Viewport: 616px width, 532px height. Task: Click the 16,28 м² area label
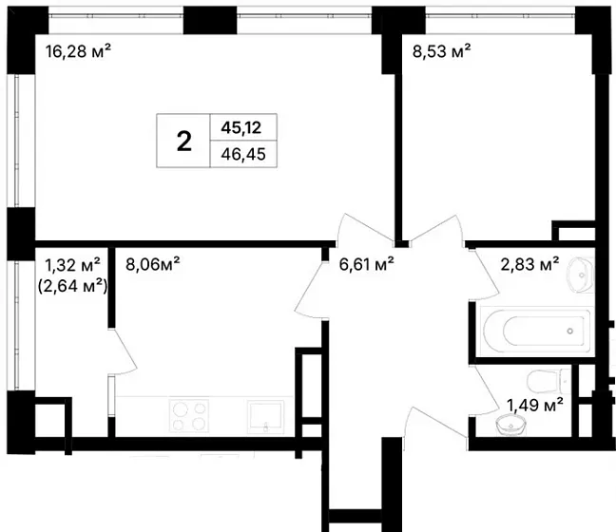coord(78,51)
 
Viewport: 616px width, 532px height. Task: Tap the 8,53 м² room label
coord(442,51)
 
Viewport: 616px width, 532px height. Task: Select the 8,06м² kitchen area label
coord(153,264)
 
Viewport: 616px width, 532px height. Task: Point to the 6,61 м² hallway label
coord(367,264)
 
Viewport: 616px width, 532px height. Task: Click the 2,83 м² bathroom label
coord(529,264)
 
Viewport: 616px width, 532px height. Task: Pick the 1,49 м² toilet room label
coord(535,405)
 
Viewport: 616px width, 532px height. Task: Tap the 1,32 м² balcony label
coord(72,265)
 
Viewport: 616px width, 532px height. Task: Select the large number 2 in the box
coord(183,142)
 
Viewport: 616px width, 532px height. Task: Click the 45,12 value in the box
coord(241,127)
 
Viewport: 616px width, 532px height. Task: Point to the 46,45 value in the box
coord(243,154)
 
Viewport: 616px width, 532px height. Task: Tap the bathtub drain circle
coord(570,332)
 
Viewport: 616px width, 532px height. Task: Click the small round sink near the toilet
coord(510,426)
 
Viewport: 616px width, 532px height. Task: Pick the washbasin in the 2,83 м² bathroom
coord(580,275)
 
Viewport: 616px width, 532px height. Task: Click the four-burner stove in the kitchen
coord(189,415)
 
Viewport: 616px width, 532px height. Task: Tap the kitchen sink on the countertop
coord(265,417)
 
